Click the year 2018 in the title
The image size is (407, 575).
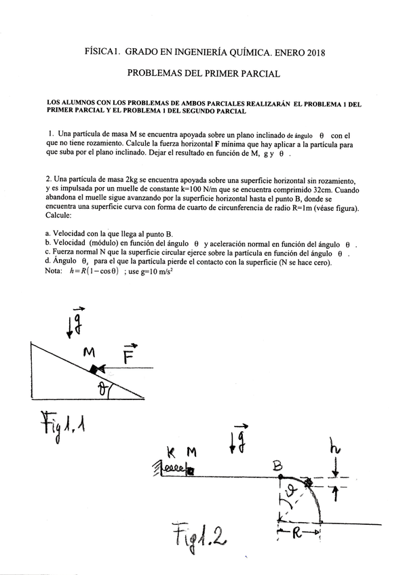(313, 52)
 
